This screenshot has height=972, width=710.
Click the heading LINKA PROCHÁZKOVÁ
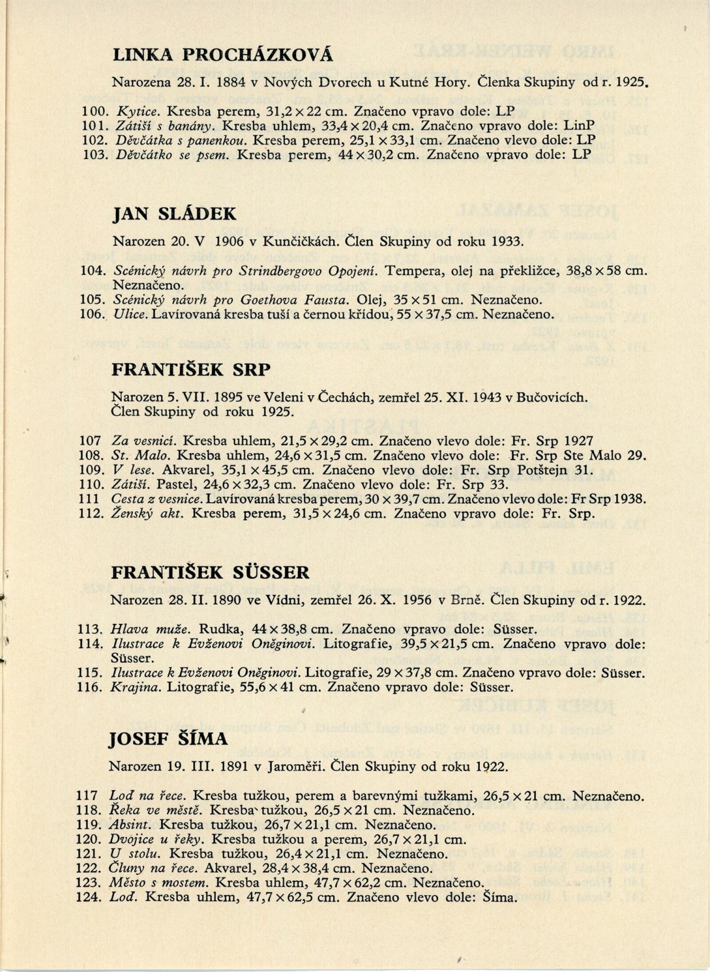(x=223, y=55)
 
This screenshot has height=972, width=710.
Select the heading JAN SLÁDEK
(x=174, y=215)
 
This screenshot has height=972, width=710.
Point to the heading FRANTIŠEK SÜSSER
(x=210, y=572)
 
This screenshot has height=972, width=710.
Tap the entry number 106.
(x=92, y=314)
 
